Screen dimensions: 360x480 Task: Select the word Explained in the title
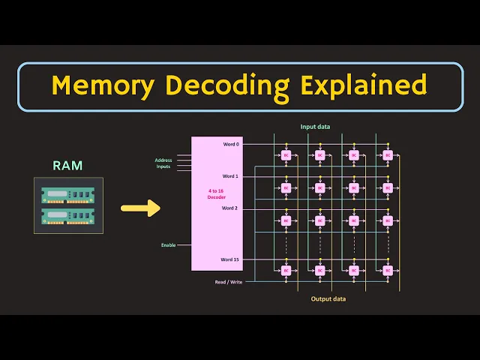[364, 86]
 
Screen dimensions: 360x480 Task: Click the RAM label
[67, 165]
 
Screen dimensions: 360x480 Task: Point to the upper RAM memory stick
[68, 194]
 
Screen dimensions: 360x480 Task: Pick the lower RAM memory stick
[68, 216]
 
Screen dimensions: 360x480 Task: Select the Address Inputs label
[163, 163]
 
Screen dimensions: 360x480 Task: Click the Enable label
[168, 245]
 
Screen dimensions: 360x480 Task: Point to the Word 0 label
[230, 143]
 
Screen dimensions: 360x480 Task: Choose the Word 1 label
[230, 176]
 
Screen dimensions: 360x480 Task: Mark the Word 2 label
[230, 208]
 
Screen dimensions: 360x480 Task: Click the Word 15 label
[229, 259]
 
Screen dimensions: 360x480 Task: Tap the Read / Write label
[228, 282]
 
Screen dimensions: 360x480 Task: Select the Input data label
[315, 127]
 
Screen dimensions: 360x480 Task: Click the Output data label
[328, 298]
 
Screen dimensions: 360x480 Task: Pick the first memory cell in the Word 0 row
[286, 155]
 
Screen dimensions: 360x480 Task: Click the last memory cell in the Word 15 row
[387, 270]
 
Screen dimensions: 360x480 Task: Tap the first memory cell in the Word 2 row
[286, 220]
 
